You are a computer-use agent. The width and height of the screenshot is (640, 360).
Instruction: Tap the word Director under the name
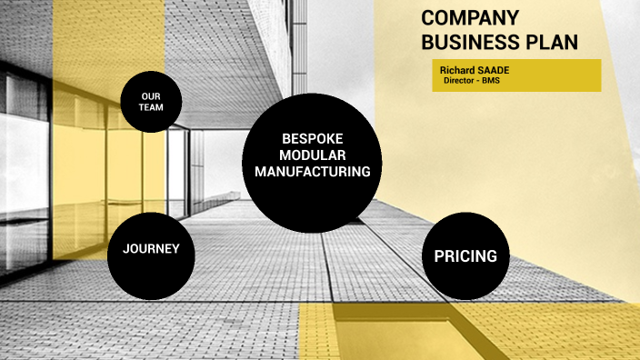[462, 81]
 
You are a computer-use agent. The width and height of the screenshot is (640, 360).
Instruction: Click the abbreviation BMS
[492, 81]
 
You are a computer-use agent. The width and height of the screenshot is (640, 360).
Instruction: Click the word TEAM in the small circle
[151, 107]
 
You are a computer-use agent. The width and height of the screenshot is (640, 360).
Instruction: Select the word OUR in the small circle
[151, 96]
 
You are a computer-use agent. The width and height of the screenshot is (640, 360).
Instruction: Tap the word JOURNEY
[151, 248]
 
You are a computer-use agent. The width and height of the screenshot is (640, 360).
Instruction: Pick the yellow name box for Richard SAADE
[516, 75]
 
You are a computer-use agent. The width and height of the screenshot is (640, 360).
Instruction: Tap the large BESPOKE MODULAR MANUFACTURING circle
[312, 195]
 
